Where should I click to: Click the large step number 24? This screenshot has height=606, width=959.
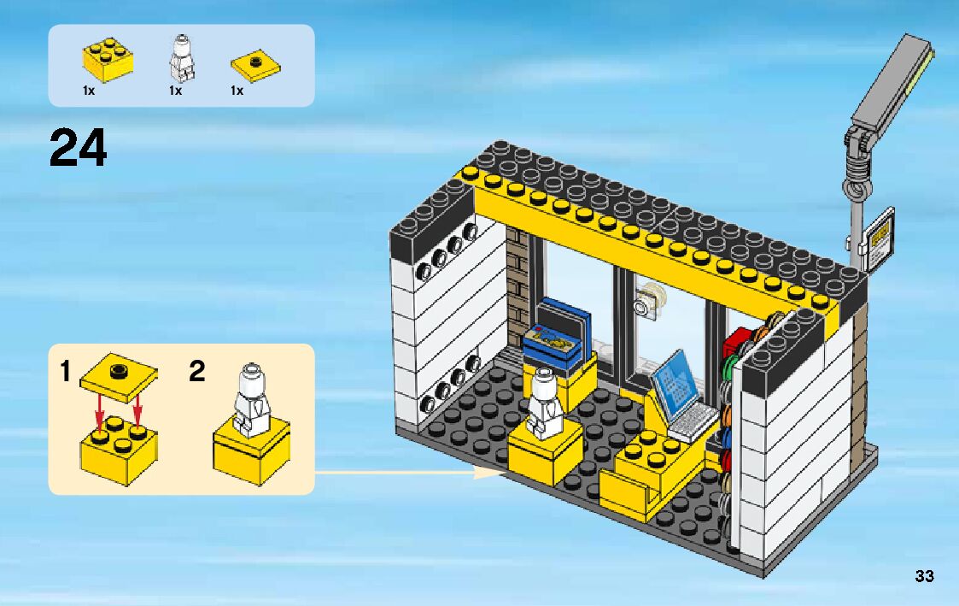click(x=79, y=148)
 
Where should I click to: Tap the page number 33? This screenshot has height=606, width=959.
click(x=924, y=576)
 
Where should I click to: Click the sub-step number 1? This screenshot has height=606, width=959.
click(x=66, y=372)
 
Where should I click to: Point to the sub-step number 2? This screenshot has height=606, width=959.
click(x=197, y=372)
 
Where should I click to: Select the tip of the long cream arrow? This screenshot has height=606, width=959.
click(x=504, y=470)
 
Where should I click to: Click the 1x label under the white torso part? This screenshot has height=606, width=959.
click(x=176, y=91)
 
